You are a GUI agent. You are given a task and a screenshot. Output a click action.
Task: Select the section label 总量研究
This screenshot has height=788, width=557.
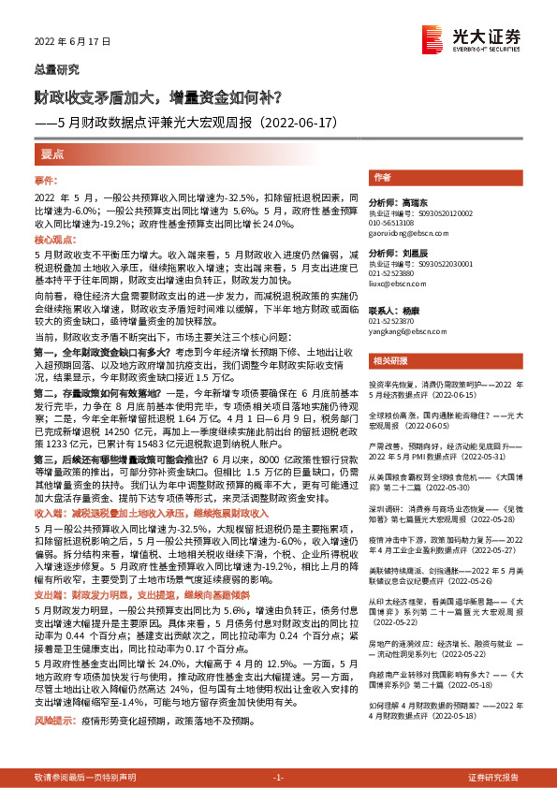tap(56, 70)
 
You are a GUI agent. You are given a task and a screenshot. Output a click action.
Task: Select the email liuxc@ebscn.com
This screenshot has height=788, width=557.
tap(392, 280)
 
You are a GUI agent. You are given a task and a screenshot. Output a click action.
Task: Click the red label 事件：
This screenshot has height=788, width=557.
tap(46, 179)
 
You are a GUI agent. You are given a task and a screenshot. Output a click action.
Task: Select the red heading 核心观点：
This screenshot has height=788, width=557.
tap(53, 241)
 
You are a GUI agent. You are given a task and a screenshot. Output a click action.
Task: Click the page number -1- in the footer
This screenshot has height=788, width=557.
tap(278, 777)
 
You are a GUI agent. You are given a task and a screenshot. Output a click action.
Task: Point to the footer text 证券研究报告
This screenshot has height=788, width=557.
tap(493, 777)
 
